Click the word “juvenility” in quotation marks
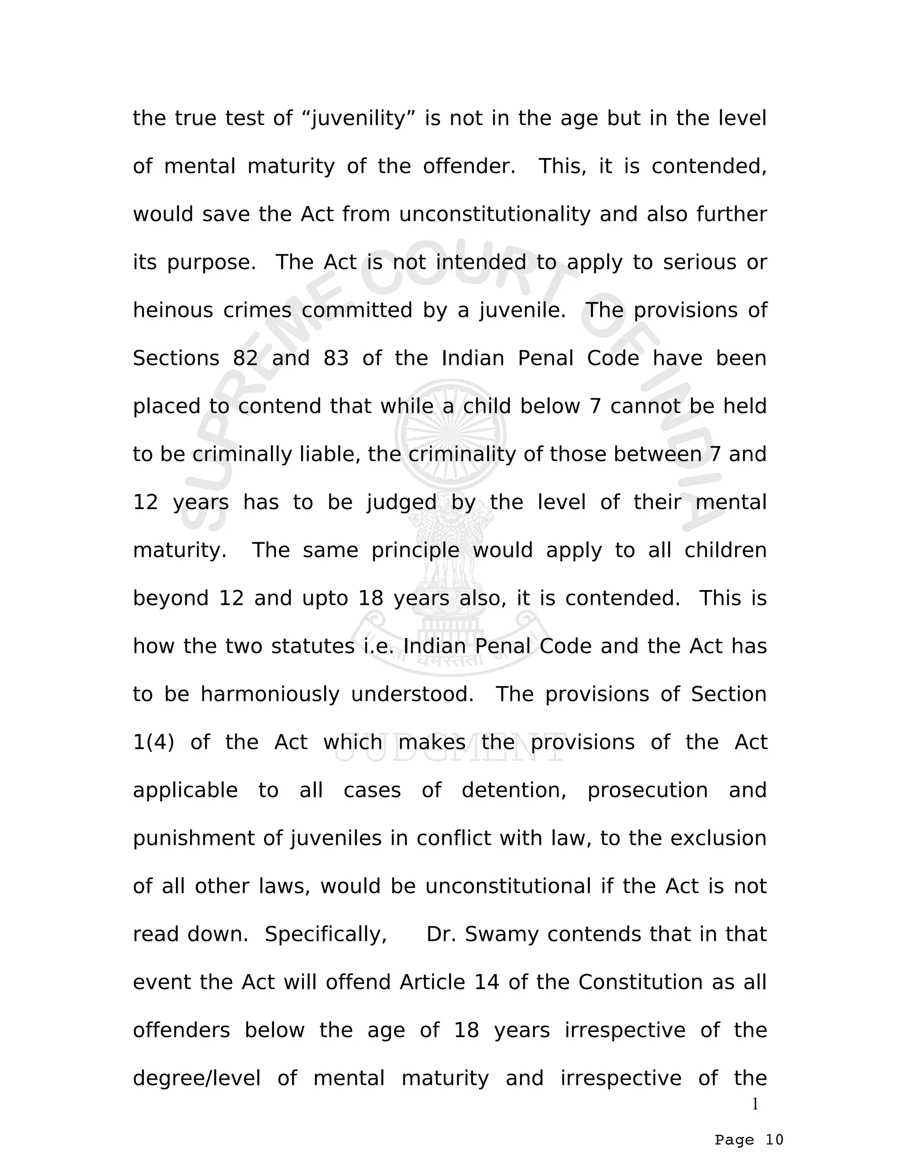[363, 118]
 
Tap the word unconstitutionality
[495, 214]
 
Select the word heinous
[173, 310]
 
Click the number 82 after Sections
[245, 358]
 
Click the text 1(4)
[153, 742]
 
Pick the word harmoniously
[270, 694]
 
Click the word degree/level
[196, 1078]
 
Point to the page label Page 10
[749, 1140]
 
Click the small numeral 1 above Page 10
[755, 1104]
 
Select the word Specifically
[326, 934]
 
